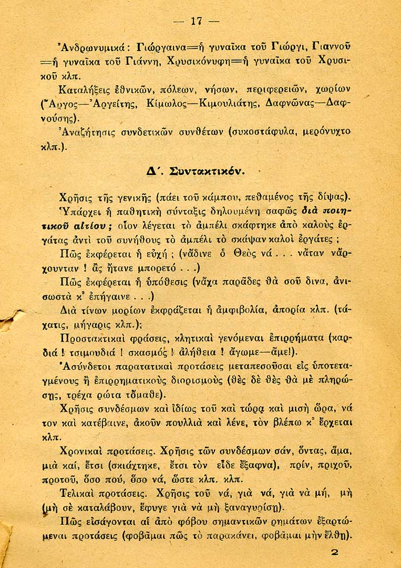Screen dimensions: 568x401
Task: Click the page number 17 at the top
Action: point(197,22)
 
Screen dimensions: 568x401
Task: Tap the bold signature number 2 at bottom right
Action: point(334,552)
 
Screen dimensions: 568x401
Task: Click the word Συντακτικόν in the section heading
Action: point(201,170)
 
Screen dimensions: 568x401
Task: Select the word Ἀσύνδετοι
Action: point(82,367)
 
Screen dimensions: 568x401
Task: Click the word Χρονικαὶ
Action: point(84,452)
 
